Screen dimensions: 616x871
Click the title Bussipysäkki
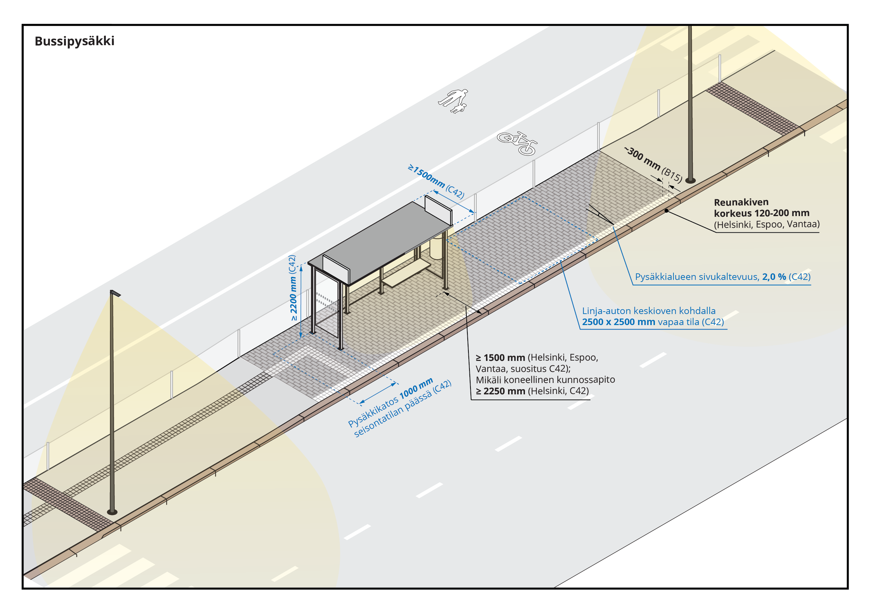(74, 41)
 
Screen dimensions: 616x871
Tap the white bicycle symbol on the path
(517, 143)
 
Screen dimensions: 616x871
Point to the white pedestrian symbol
(454, 101)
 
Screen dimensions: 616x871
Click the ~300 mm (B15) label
(653, 164)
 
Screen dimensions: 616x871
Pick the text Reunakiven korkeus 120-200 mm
(761, 208)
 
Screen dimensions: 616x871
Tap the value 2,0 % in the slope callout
(774, 277)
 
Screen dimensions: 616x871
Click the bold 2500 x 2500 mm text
(618, 322)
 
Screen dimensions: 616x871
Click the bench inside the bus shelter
(406, 274)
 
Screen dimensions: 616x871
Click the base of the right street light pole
(690, 181)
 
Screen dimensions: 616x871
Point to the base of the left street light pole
(112, 512)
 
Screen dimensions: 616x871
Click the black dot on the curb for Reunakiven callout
(667, 211)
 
